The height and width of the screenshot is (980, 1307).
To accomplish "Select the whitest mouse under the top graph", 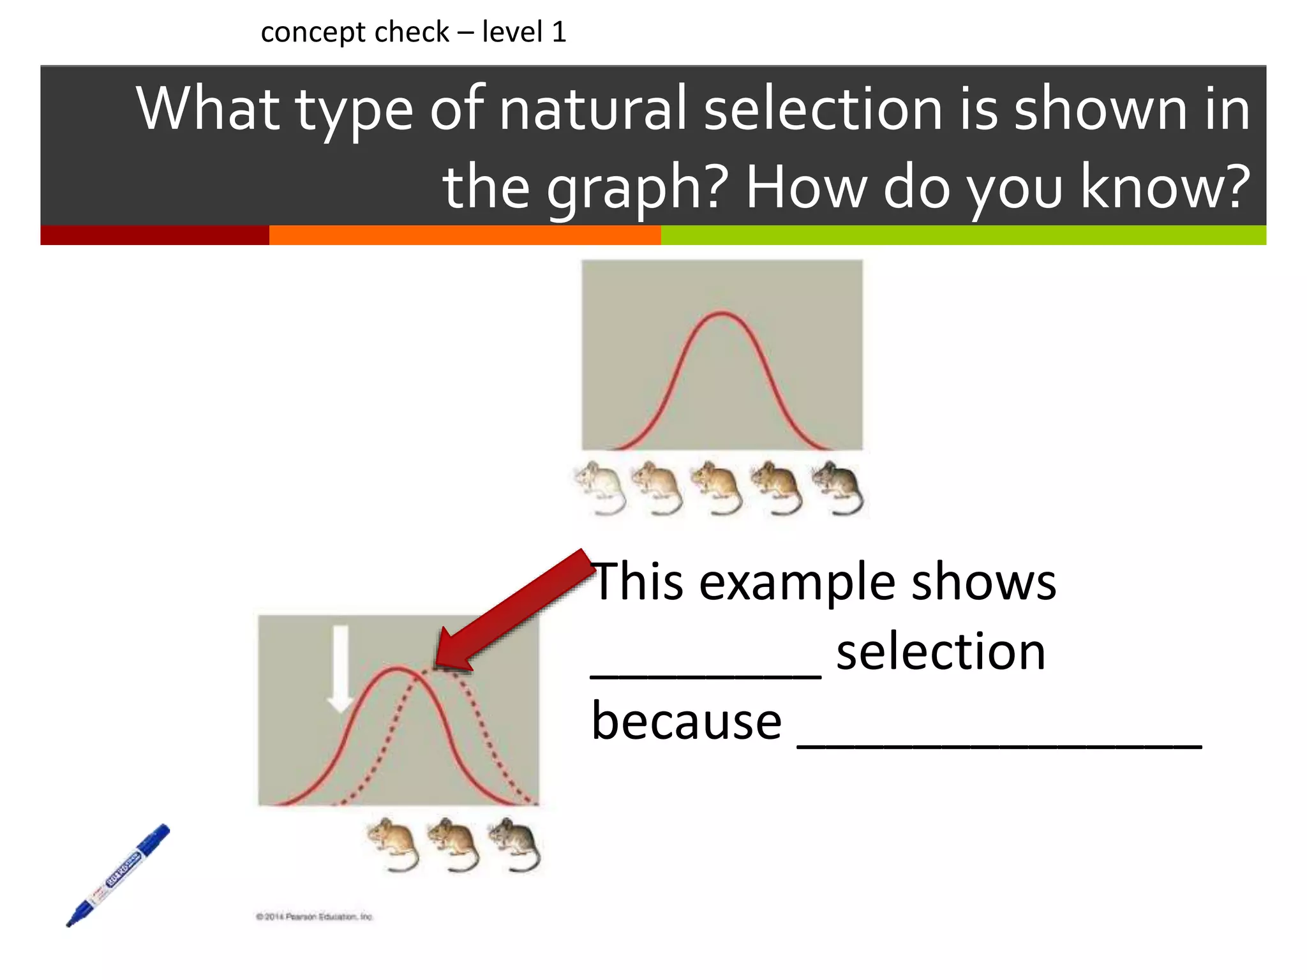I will (x=600, y=487).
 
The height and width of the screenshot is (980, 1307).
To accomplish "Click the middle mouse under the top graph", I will (x=717, y=487).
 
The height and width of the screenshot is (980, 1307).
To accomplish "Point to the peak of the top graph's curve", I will (x=721, y=313).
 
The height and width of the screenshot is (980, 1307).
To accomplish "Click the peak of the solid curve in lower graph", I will (x=398, y=668).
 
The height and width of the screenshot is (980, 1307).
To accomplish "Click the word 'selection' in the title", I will (x=823, y=108).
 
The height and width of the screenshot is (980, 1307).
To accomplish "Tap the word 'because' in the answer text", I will (x=686, y=721).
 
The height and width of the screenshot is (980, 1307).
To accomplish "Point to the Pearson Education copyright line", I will (x=314, y=917).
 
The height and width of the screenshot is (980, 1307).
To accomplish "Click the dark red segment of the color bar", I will (x=154, y=235).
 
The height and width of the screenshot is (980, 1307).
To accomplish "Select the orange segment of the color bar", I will (x=465, y=235).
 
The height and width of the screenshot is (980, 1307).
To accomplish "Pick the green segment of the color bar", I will (x=962, y=235).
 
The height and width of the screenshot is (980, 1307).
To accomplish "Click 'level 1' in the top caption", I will (x=523, y=32).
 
